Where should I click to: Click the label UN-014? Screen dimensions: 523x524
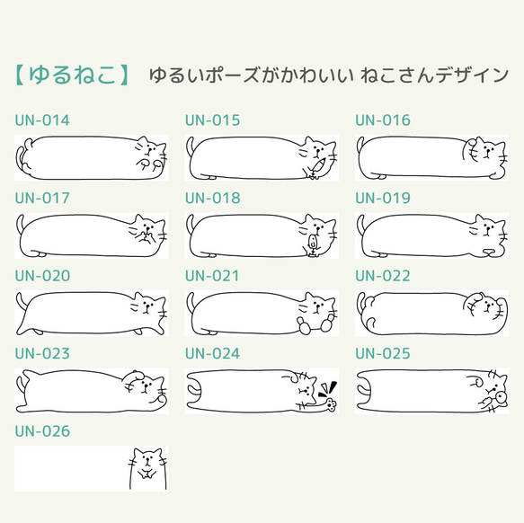click(x=42, y=120)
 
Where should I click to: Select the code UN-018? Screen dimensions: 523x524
click(x=213, y=198)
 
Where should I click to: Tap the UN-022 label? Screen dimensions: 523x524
click(x=383, y=276)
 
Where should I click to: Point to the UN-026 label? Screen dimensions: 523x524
click(x=42, y=432)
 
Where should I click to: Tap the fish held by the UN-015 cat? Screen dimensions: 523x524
click(x=316, y=169)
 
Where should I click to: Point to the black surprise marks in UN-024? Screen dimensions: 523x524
click(x=328, y=386)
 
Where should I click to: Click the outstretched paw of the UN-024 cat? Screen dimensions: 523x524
click(x=308, y=404)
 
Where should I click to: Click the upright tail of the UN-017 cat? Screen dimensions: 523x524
click(x=20, y=225)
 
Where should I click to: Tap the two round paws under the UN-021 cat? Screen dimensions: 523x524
click(x=307, y=327)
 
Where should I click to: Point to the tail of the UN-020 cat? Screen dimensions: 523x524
click(x=20, y=302)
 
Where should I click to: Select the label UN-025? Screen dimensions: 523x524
click(x=383, y=354)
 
